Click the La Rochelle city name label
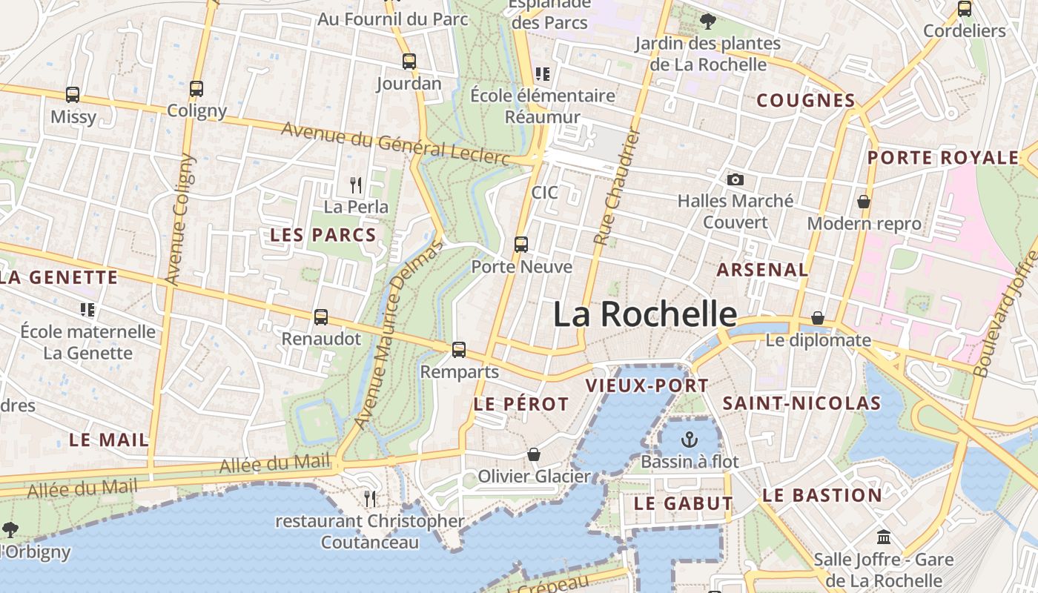point(645,314)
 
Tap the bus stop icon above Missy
point(73,95)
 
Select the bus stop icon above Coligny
point(196,89)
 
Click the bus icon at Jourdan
point(409,62)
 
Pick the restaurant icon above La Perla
point(356,185)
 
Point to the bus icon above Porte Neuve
point(521,245)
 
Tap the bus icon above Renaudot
point(321,317)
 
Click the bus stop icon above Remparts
point(459,350)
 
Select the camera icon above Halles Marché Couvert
point(735,179)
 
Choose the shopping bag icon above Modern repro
point(864,202)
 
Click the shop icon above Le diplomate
point(818,318)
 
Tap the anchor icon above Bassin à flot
point(690,440)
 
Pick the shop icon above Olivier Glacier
point(534,454)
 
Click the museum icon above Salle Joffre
point(883,537)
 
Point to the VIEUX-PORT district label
point(647,385)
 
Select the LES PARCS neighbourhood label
point(323,235)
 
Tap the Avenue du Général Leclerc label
point(396,143)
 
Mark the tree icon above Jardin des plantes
point(708,21)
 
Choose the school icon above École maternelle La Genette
point(87,309)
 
